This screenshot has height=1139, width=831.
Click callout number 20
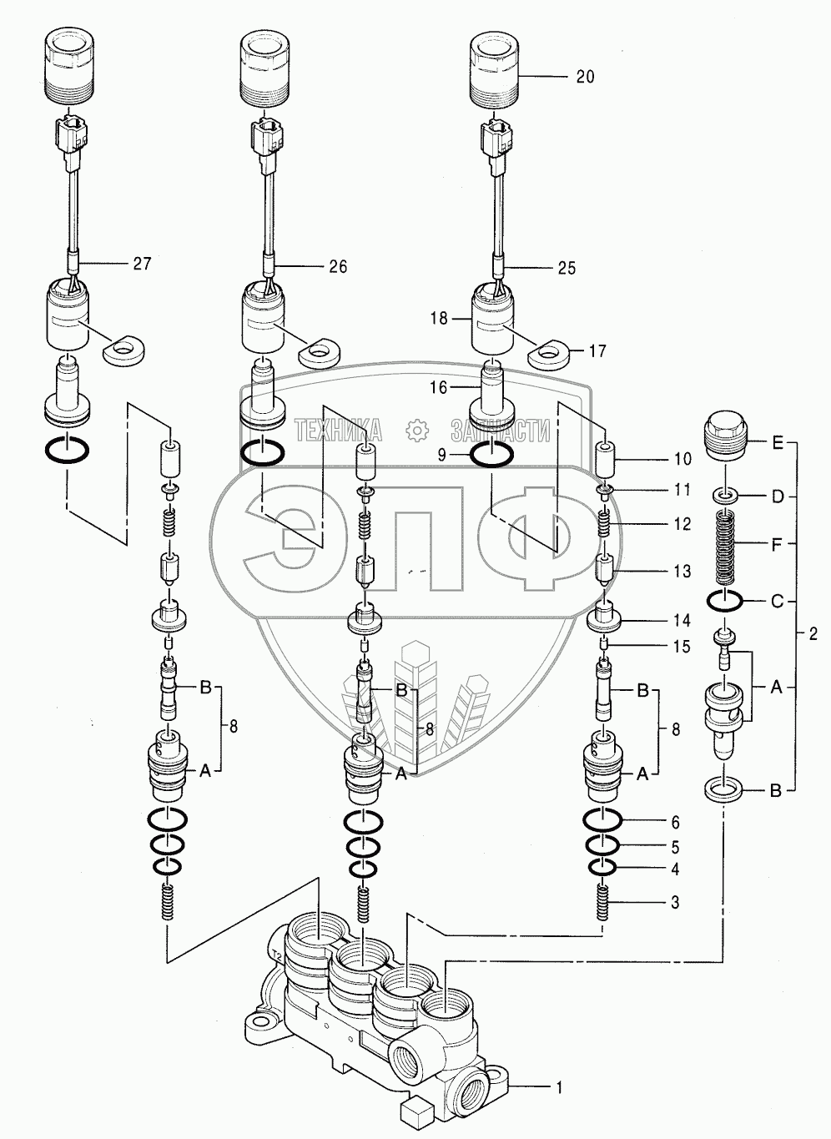(585, 77)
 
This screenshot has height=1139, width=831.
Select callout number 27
(142, 264)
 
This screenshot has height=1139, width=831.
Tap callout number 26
(337, 267)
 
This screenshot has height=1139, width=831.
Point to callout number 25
(566, 268)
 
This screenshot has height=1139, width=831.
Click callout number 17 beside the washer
(597, 351)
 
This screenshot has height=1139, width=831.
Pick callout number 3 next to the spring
(674, 902)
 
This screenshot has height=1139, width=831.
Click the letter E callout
(778, 444)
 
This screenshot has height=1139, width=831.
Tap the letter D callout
(778, 497)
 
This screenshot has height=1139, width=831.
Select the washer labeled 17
(547, 353)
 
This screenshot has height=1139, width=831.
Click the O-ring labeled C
(725, 599)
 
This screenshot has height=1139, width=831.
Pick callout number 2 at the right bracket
(813, 632)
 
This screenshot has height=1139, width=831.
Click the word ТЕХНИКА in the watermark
(339, 431)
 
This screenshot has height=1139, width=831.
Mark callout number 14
(682, 620)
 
